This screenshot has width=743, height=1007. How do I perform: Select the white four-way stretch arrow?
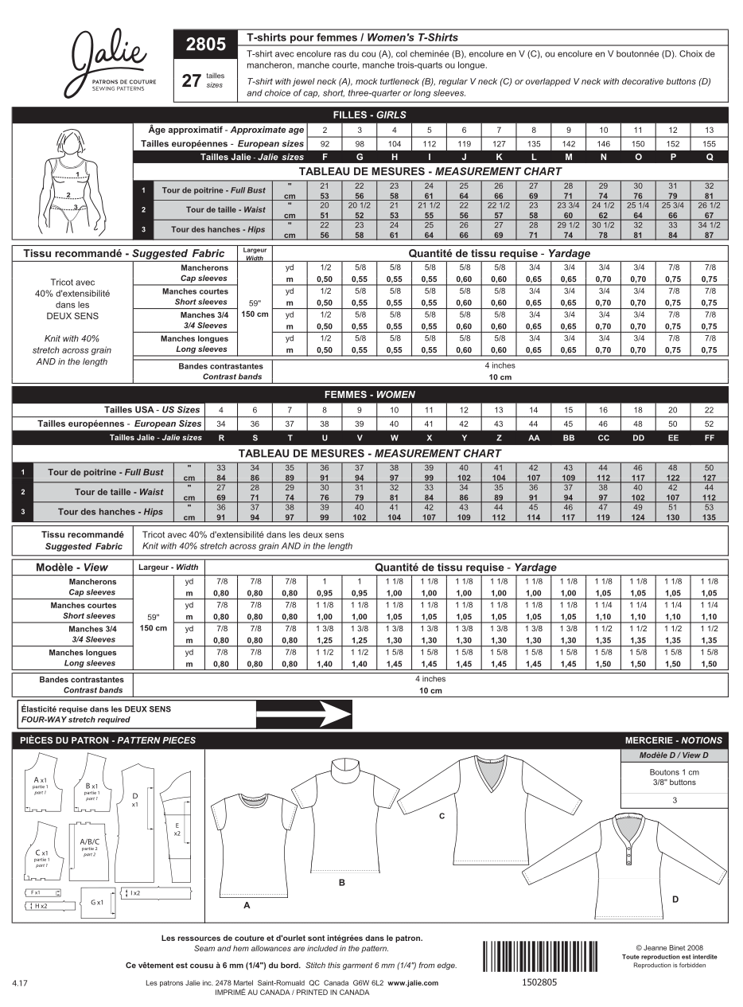point(303,714)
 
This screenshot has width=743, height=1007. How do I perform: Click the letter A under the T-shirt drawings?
point(247,905)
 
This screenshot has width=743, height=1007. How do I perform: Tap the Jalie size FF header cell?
point(710,438)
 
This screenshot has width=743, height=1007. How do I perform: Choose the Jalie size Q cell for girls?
point(710,158)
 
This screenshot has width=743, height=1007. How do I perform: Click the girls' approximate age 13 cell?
point(710,130)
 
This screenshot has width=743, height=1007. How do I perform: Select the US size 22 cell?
point(710,409)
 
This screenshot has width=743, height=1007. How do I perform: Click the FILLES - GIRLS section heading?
point(370,115)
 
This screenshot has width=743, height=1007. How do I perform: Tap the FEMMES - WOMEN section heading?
point(370,395)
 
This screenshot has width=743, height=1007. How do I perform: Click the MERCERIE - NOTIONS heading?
point(673,740)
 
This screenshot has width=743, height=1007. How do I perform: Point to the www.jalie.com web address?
point(413,983)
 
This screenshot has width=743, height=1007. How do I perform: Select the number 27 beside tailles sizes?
point(191,80)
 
